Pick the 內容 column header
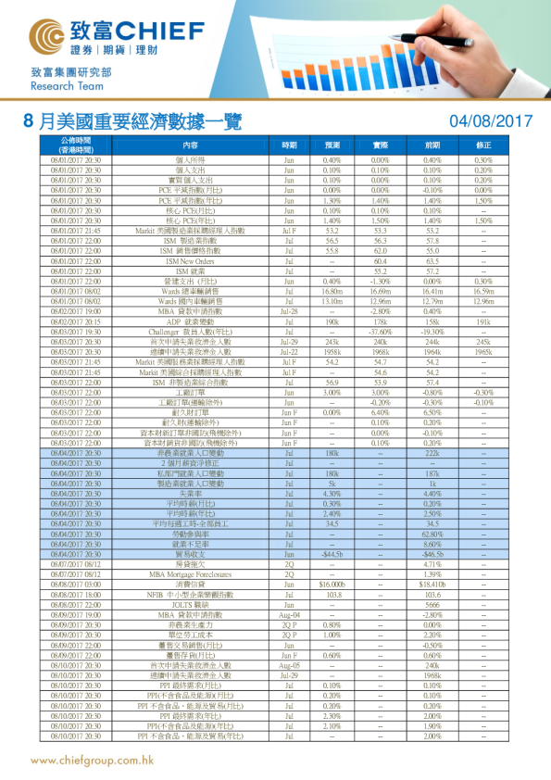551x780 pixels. coord(191,145)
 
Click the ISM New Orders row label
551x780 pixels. coord(191,262)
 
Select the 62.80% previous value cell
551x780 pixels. coord(432,534)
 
